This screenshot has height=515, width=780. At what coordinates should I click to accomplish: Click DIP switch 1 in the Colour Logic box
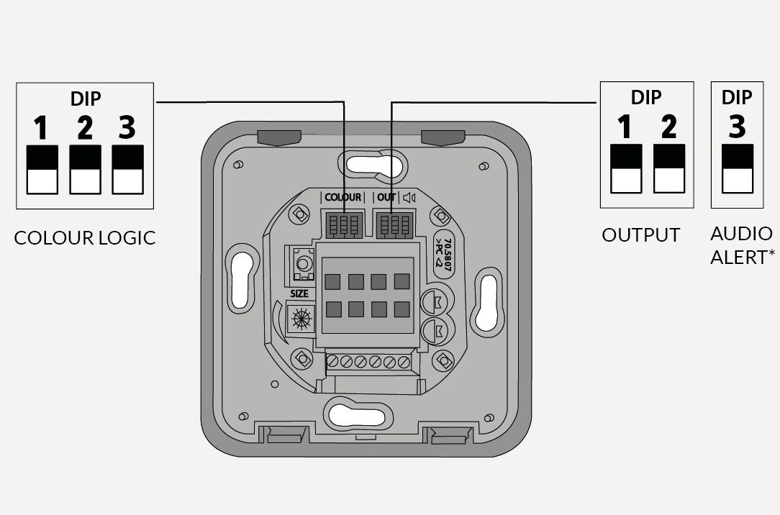[42, 170]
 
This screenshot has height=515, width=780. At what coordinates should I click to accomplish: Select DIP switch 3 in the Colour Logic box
[128, 170]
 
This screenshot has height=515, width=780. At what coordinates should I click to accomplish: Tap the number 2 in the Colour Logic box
[85, 128]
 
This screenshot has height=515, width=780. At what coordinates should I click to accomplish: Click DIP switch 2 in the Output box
[669, 169]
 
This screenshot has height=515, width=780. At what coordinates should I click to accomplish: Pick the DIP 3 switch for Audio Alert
[738, 169]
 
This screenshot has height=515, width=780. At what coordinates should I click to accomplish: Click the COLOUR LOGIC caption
[84, 238]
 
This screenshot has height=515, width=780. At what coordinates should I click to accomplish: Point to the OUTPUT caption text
[640, 235]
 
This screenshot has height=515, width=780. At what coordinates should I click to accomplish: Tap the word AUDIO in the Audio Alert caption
[741, 234]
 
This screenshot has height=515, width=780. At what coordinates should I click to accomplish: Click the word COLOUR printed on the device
[343, 197]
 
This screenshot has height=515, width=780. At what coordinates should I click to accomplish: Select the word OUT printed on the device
[386, 197]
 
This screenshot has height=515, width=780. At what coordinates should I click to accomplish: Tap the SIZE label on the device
[299, 293]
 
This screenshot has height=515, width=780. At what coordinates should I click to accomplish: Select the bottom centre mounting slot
[357, 414]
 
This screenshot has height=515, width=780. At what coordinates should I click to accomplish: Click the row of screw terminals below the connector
[368, 362]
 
